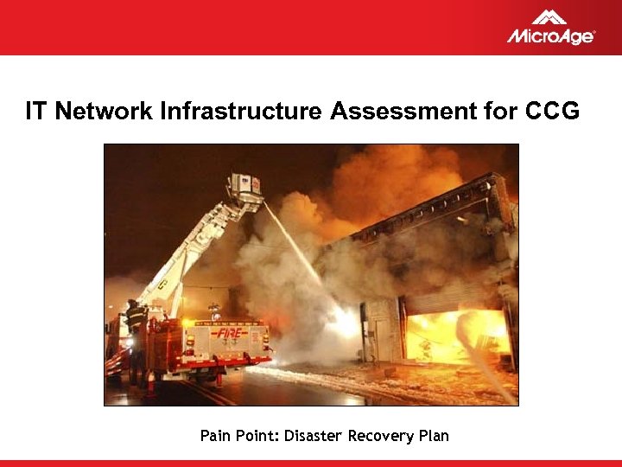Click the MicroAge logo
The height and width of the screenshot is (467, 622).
tap(550, 28)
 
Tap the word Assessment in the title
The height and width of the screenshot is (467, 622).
tap(400, 112)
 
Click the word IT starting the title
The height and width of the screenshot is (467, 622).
tap(35, 112)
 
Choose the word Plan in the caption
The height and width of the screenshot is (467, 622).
tap(434, 436)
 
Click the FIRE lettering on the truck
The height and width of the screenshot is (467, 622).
tap(229, 332)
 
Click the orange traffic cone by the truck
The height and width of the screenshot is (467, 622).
tap(150, 381)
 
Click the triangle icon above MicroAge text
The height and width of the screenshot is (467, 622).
tap(549, 16)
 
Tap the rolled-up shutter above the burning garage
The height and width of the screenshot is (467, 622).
tap(449, 299)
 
